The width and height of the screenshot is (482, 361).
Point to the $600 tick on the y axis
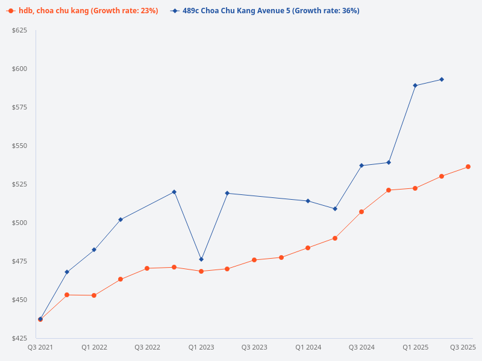(x=19, y=69)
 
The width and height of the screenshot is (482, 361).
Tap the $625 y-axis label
(x=19, y=30)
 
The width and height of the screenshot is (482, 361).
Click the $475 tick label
(x=19, y=261)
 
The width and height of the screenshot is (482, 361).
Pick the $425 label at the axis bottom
(x=19, y=338)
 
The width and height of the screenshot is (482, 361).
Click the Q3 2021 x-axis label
(x=40, y=347)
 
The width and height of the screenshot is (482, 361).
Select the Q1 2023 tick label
(x=201, y=347)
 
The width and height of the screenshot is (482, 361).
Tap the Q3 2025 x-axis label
(x=463, y=347)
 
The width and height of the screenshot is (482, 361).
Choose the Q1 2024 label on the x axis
(x=308, y=347)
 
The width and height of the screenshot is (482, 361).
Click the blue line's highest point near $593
(x=442, y=79)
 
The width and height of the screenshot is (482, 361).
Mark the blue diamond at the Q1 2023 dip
(x=201, y=259)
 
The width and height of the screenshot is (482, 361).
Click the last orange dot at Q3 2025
(x=468, y=167)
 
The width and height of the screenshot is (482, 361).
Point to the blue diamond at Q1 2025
(x=415, y=85)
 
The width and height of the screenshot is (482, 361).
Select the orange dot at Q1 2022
(x=94, y=295)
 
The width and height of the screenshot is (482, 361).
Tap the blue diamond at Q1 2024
(x=308, y=201)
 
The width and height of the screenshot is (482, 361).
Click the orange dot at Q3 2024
(x=361, y=212)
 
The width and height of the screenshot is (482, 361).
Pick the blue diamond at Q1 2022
(x=94, y=250)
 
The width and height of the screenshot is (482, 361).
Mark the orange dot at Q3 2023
(x=254, y=260)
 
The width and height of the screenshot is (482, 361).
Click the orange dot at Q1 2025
(x=415, y=188)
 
